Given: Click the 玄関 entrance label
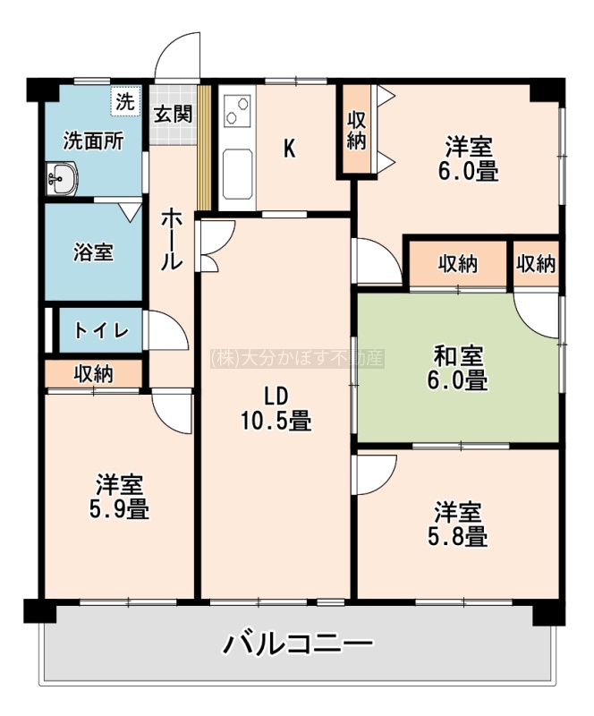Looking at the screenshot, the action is [173, 115].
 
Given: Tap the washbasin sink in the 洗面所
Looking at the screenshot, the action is [62, 178].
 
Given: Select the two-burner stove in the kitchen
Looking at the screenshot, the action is [237, 111].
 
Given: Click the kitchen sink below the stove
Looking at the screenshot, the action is [237, 174].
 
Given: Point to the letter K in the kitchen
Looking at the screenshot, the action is [290, 149].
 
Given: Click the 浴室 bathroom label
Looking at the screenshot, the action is [93, 252].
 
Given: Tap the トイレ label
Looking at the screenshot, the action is [101, 330].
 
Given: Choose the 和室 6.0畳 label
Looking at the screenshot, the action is [457, 369].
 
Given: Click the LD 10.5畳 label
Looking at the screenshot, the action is [276, 409].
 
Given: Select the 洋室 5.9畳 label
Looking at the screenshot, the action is [119, 497].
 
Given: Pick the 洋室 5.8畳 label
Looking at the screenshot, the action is [457, 524].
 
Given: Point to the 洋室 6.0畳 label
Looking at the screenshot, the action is [469, 158].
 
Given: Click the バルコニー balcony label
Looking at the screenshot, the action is [298, 644].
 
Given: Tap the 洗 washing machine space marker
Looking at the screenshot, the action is [124, 102].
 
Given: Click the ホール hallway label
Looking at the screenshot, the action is [172, 238].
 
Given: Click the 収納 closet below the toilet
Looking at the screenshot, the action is [94, 374].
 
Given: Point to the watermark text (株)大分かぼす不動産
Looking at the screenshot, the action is [297, 359].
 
